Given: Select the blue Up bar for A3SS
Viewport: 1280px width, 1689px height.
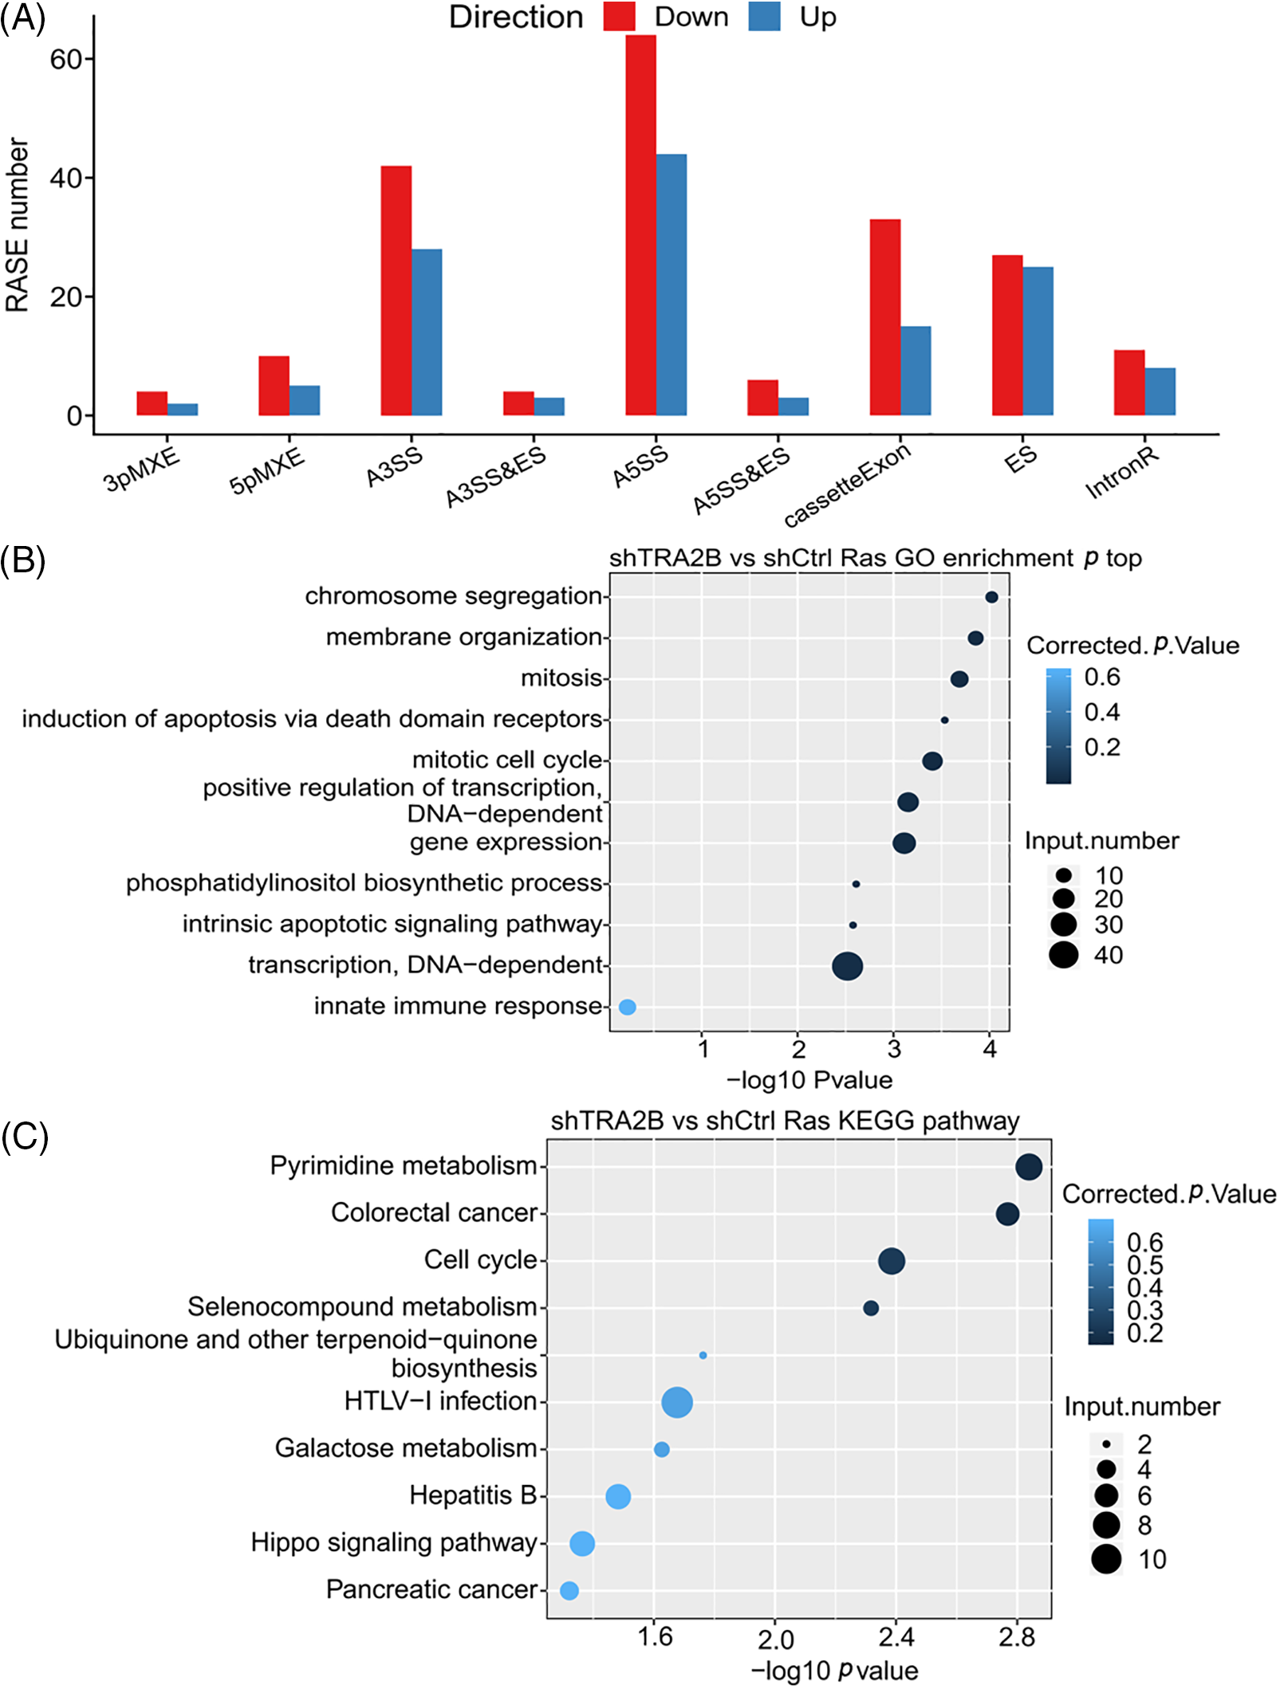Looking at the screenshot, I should click(427, 332).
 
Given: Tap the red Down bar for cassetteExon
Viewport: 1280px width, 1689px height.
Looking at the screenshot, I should click(884, 317).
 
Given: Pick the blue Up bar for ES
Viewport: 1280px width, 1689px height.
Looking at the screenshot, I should click(1038, 341).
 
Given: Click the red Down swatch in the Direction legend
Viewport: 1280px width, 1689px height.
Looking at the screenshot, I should click(619, 17).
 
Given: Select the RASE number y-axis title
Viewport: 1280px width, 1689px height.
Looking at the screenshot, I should click(17, 225).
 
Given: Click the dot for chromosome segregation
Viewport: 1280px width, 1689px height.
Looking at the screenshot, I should click(991, 597).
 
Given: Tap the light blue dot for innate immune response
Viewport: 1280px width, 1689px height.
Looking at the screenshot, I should click(628, 1007).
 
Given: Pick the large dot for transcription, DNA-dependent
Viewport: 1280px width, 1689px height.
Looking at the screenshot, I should click(847, 966).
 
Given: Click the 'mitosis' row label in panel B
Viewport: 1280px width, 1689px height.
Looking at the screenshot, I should click(561, 678).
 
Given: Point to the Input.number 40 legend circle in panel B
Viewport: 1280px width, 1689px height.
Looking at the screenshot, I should click(1063, 954).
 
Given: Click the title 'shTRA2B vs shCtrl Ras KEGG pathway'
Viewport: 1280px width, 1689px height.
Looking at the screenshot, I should click(785, 1121).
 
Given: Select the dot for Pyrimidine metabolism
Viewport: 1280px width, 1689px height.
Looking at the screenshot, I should click(1029, 1167).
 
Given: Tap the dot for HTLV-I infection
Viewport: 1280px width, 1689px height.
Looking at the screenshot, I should click(677, 1402).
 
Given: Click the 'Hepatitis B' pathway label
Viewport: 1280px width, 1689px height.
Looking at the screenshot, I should click(473, 1495).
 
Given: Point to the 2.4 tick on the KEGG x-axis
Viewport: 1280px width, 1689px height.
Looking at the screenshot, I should click(896, 1638).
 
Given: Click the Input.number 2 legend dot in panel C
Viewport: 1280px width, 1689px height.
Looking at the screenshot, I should click(1106, 1444).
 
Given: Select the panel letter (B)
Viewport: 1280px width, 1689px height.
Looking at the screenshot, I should click(23, 560).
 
